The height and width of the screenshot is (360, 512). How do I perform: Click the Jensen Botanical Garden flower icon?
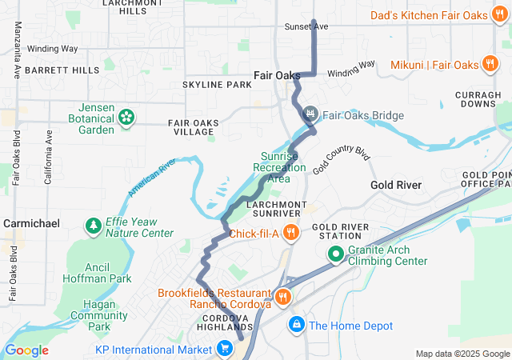coord(126,118)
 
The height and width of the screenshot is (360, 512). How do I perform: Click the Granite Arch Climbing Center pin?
coord(336,255)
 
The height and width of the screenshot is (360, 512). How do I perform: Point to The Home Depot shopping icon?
coord(296,325)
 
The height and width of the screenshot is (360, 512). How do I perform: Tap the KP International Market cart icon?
coord(226,349)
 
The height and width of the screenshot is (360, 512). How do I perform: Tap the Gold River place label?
coord(396,185)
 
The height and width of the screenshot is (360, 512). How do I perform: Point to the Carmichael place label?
coord(31,223)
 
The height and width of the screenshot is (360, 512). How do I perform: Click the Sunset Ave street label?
coord(306,26)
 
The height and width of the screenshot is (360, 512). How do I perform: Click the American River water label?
coord(151,178)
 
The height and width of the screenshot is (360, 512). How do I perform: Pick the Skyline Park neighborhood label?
coord(217,85)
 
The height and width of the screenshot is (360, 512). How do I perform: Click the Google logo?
coord(27,350)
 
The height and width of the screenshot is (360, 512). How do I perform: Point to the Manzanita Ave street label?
coord(17,50)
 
